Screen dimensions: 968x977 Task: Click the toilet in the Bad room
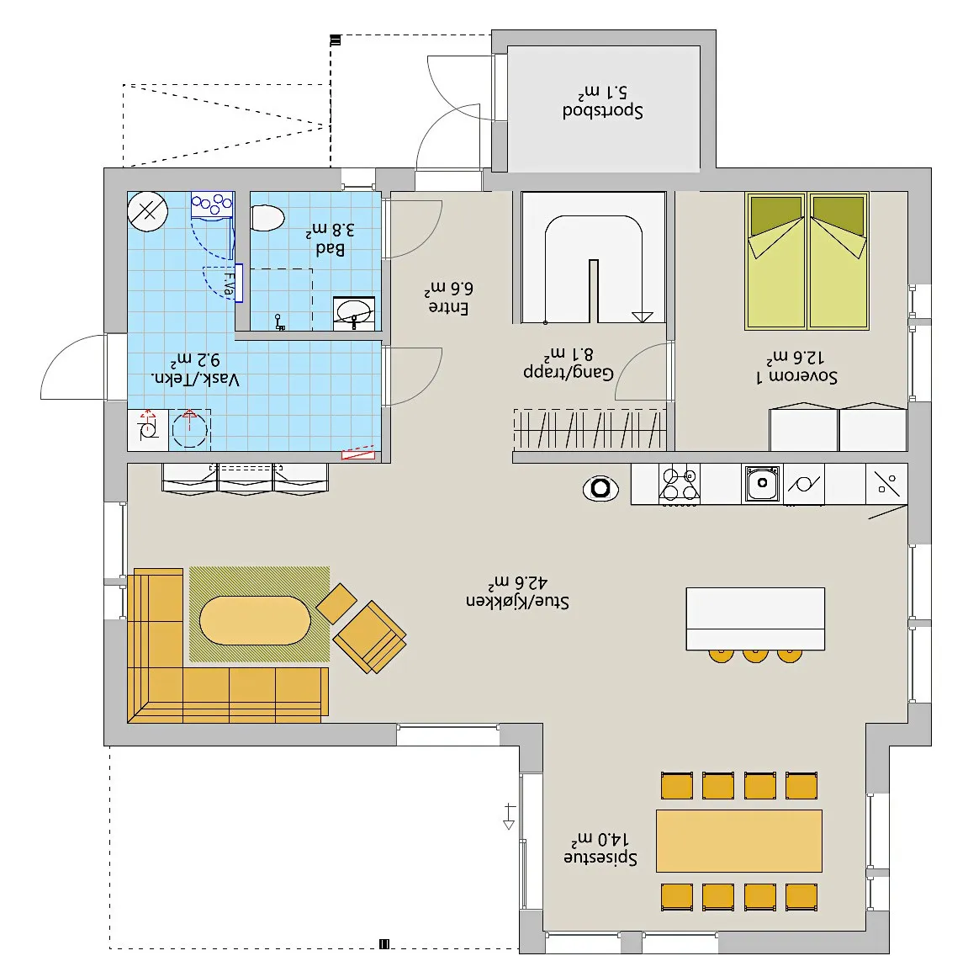[x=267, y=218]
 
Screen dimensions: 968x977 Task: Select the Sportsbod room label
[x=602, y=110]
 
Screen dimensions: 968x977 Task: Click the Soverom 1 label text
[x=796, y=375]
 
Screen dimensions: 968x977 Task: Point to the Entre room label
[x=448, y=307]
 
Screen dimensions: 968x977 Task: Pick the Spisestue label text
[x=600, y=858]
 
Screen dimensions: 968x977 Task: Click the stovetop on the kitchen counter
[x=680, y=484]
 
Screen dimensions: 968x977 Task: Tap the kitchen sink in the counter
[x=762, y=483]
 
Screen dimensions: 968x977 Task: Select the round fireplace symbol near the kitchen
[x=600, y=488]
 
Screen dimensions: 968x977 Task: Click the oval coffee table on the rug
[x=255, y=620]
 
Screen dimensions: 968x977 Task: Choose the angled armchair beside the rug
[x=370, y=637]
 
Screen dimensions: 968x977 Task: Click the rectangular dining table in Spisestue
[x=739, y=841]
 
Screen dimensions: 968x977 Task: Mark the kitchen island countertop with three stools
[x=755, y=619]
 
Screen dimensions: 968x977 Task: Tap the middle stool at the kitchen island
[x=755, y=656]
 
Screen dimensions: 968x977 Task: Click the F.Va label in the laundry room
[x=229, y=284]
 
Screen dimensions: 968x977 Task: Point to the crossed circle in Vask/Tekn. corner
[x=148, y=212]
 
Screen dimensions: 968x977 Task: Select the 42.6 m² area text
[x=517, y=582]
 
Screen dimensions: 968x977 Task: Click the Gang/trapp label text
[x=569, y=373]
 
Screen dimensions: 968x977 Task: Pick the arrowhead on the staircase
[x=643, y=316]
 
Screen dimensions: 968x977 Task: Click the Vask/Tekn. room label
[x=195, y=379]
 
